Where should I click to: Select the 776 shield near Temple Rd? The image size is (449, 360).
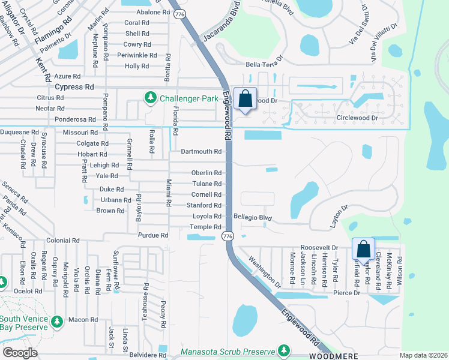pyautogui.click(x=227, y=237)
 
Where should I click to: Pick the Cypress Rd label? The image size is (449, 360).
pyautogui.click(x=74, y=86)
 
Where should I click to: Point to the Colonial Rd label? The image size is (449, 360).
pyautogui.click(x=62, y=240)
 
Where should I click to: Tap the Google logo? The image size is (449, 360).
pyautogui.click(x=20, y=353)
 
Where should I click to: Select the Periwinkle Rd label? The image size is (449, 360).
pyautogui.click(x=137, y=55)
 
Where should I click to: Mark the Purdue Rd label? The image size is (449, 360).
pyautogui.click(x=152, y=235)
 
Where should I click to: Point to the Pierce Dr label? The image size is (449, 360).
pyautogui.click(x=347, y=293)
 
